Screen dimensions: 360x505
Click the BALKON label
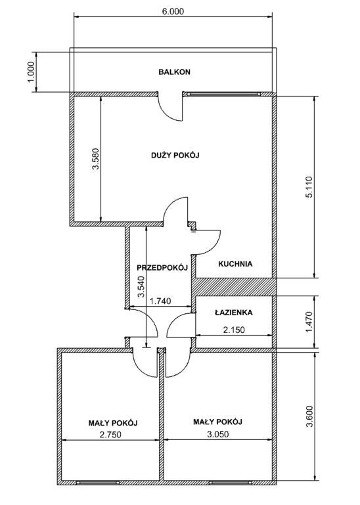pyautogui.click(x=174, y=72)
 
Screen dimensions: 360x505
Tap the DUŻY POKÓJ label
pyautogui.click(x=175, y=155)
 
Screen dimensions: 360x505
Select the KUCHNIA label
pyautogui.click(x=235, y=264)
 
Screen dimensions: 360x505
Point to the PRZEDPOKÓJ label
pyautogui.click(x=162, y=268)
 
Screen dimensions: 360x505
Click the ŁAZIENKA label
pyautogui.click(x=234, y=313)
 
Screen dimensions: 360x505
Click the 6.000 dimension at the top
pyautogui.click(x=173, y=11)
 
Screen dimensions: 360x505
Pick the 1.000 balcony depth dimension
pyautogui.click(x=32, y=72)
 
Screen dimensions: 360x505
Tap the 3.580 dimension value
pyautogui.click(x=96, y=158)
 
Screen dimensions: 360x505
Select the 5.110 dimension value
pyautogui.click(x=309, y=187)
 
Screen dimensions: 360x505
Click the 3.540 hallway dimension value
pyautogui.click(x=141, y=286)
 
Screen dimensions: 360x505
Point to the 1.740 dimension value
pyautogui.click(x=160, y=301)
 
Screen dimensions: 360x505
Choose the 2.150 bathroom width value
pyautogui.click(x=234, y=330)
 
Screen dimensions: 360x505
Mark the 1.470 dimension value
pyautogui.click(x=309, y=322)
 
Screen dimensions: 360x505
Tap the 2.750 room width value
pyautogui.click(x=110, y=435)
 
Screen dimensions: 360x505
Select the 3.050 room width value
pyautogui.click(x=218, y=434)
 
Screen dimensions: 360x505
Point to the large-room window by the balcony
pyautogui.click(x=223, y=94)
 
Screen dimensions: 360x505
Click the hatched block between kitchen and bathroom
pyautogui.click(x=234, y=286)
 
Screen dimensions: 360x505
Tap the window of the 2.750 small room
pyautogui.click(x=98, y=483)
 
